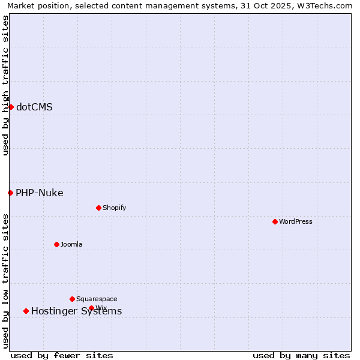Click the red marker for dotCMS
click(11, 107)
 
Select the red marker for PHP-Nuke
click(10, 193)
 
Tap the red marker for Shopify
click(98, 208)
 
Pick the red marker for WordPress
click(275, 221)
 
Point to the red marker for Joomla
click(56, 244)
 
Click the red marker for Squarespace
click(72, 299)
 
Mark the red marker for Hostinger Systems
click(26, 311)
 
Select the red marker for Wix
click(91, 308)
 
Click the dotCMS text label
click(34, 107)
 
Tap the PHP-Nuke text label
click(40, 193)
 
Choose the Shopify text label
click(114, 208)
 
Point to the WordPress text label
click(296, 222)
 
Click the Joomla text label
click(71, 245)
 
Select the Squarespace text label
click(97, 299)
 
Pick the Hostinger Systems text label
click(76, 311)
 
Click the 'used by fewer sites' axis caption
click(62, 356)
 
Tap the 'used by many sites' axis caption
click(301, 356)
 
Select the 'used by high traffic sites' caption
click(6, 85)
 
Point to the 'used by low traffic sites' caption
click(6, 281)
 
